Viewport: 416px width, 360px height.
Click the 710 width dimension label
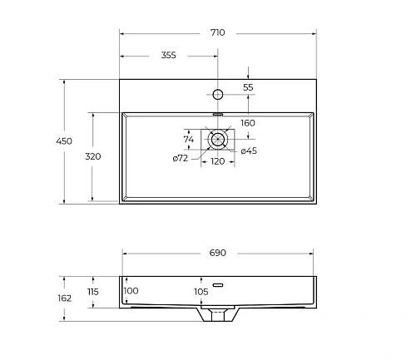click(x=217, y=32)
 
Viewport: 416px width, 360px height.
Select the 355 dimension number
click(x=168, y=55)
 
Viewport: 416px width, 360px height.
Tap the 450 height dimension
click(x=64, y=141)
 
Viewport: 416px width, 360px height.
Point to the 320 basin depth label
click(x=93, y=156)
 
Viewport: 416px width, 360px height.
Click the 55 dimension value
click(x=248, y=87)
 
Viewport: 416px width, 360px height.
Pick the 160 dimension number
click(x=248, y=123)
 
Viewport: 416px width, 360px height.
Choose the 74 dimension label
click(x=189, y=139)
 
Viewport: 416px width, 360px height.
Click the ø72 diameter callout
click(x=181, y=158)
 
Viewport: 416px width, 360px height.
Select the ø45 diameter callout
click(x=249, y=150)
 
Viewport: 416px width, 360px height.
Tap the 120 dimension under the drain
click(x=217, y=161)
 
